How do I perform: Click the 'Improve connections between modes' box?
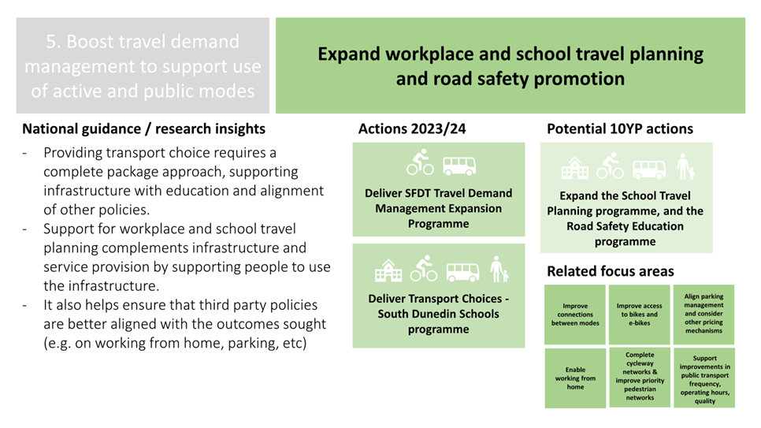[x=575, y=314]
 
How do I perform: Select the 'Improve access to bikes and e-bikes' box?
[x=639, y=314]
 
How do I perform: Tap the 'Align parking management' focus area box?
[x=703, y=314]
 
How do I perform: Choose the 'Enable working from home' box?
[x=575, y=378]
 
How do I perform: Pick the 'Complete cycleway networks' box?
[x=639, y=377]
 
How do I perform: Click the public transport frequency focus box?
[x=704, y=378]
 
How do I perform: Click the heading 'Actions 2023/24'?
[x=412, y=128]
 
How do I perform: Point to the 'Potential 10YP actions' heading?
[x=620, y=128]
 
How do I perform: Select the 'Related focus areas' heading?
[x=611, y=271]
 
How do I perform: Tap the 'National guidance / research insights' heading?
[x=143, y=128]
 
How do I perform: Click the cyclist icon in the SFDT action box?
[x=420, y=162]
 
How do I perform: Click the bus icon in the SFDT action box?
[x=459, y=166]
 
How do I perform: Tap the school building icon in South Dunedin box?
[x=388, y=270]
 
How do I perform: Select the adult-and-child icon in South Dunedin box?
[x=499, y=269]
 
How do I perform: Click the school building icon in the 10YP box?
[x=574, y=168]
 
